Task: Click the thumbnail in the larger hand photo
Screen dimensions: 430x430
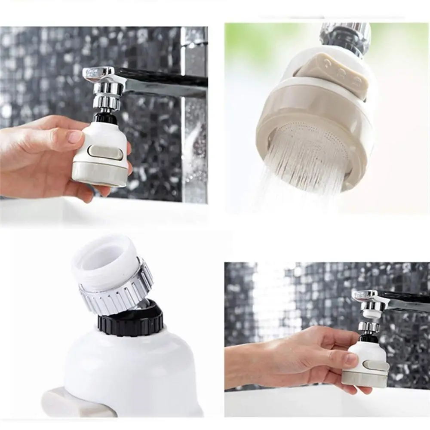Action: (74, 137)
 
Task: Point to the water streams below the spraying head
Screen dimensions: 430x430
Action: (301, 181)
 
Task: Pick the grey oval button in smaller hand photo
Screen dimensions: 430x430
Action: (376, 365)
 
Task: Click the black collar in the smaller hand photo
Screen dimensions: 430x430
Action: (369, 338)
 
